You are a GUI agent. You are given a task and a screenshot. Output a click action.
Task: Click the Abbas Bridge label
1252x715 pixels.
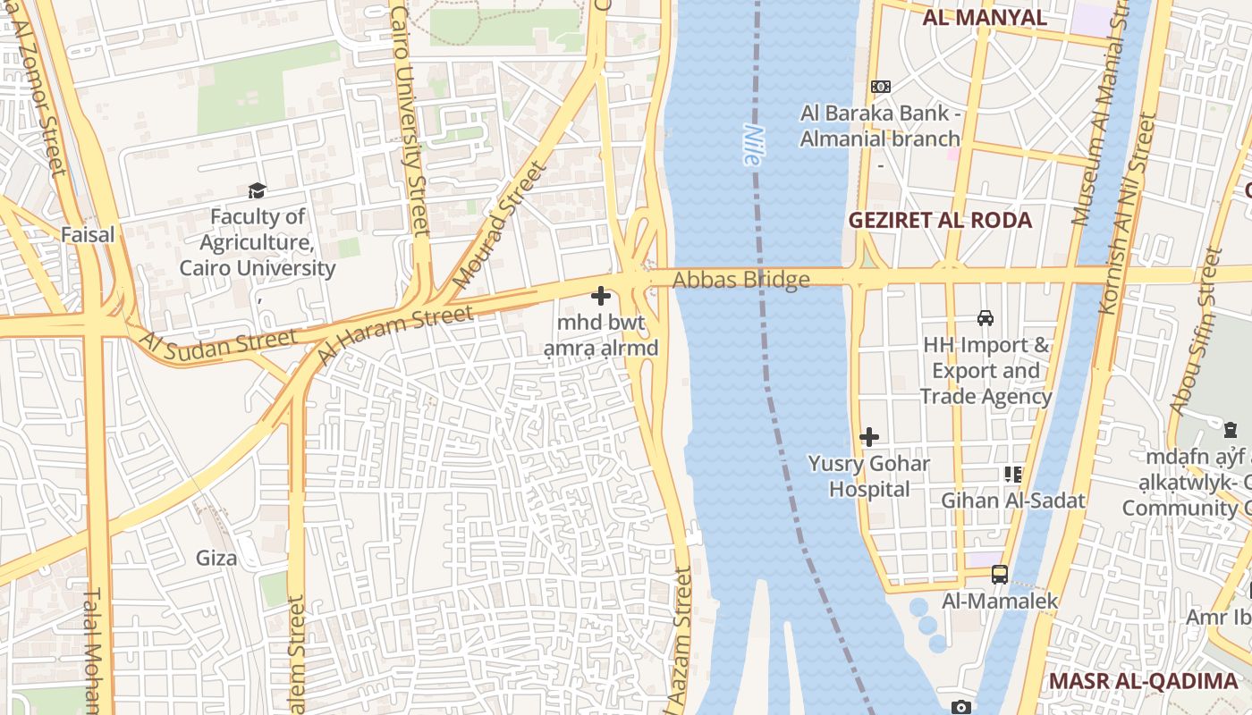[740, 281]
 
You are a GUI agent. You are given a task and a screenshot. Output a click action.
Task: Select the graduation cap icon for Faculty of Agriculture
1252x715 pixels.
[258, 190]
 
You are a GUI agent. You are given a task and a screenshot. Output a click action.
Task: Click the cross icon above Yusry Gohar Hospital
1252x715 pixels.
[868, 437]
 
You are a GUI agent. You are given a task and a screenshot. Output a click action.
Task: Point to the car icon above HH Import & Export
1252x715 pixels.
[985, 317]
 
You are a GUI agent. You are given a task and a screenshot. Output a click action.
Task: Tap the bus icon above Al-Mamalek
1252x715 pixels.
[1000, 575]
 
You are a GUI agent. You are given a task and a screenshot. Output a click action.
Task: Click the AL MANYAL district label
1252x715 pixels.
[984, 18]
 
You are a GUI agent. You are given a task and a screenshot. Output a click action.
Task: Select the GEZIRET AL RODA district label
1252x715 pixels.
[939, 221]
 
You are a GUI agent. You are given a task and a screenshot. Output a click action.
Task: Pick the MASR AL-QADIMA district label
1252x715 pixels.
[1143, 681]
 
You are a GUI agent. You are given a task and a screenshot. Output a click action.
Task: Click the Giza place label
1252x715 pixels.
[216, 559]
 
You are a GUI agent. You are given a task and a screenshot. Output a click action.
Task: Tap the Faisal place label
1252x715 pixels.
[88, 235]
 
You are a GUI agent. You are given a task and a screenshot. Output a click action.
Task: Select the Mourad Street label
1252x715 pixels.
[499, 225]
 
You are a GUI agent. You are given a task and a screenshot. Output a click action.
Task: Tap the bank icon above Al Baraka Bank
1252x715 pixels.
[880, 87]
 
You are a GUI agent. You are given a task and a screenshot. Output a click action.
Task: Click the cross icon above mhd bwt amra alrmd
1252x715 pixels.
[601, 296]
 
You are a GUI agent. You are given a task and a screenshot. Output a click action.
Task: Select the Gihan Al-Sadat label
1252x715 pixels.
[1012, 500]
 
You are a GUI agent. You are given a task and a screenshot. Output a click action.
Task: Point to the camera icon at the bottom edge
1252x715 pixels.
[960, 707]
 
